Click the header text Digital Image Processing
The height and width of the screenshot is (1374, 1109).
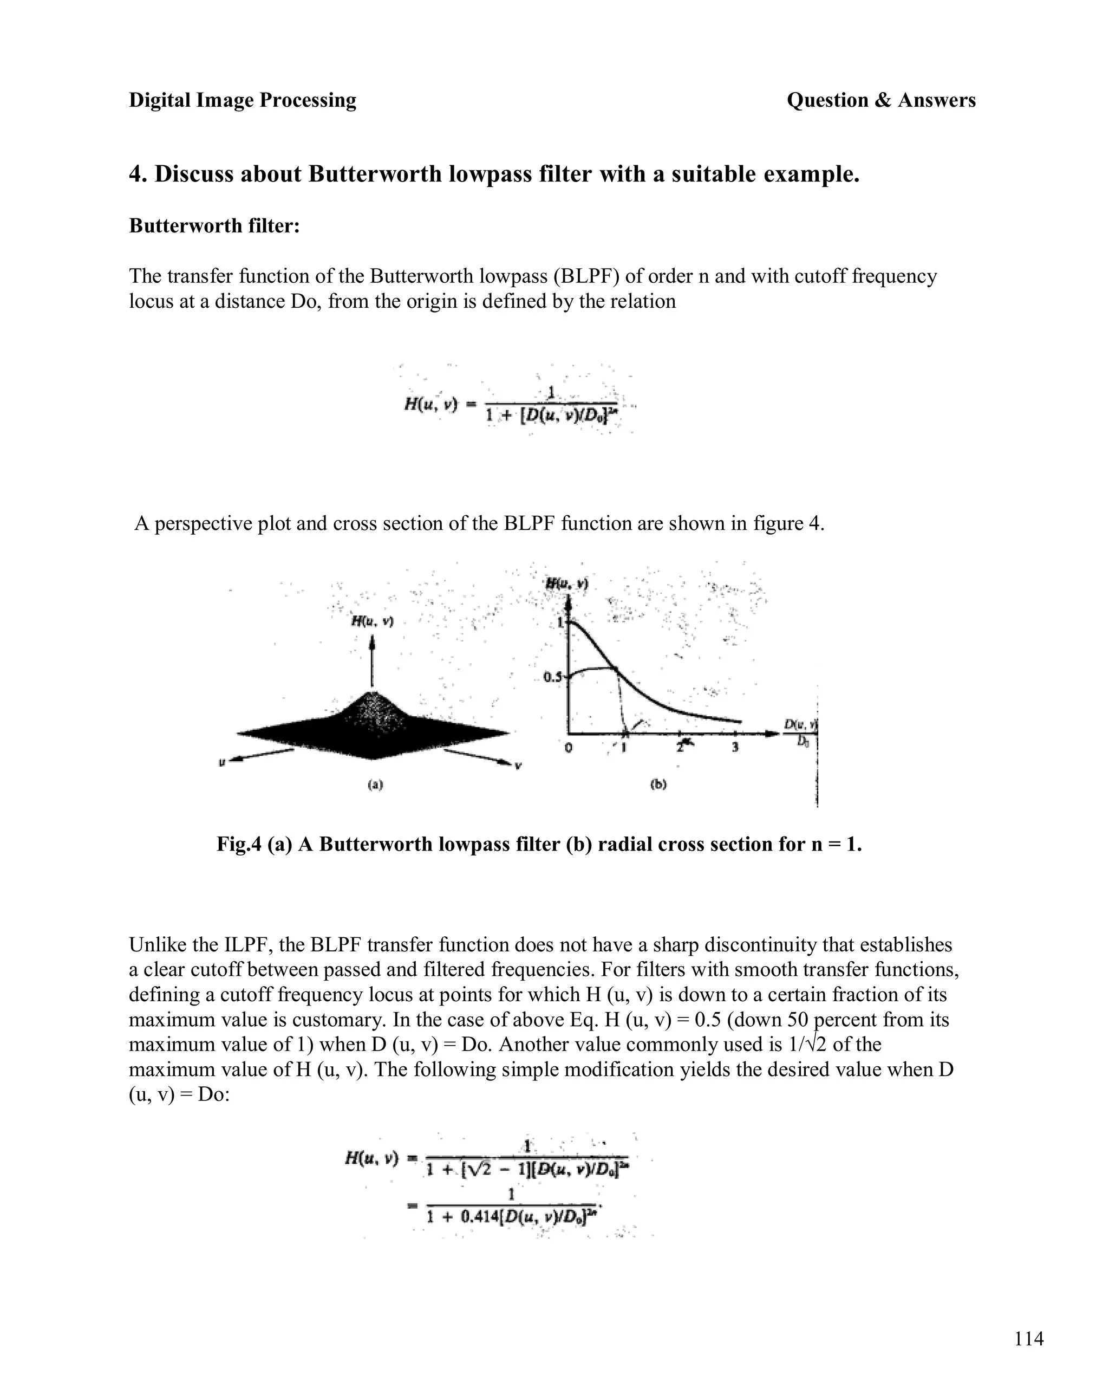pos(242,100)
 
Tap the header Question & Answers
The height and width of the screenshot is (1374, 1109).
pos(881,100)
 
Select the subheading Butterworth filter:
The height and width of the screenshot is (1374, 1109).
pos(214,225)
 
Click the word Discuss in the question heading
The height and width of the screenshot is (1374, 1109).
pos(195,174)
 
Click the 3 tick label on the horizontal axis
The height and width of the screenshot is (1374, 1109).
pos(735,747)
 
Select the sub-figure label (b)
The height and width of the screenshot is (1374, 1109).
pos(658,784)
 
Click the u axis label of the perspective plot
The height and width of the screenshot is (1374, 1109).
pos(221,761)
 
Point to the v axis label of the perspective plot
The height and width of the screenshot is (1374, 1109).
pos(518,766)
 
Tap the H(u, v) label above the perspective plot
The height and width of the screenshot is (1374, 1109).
pos(373,620)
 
